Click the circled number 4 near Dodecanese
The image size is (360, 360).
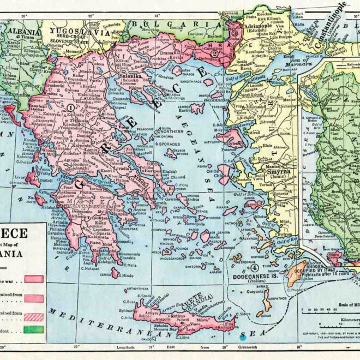(254, 268)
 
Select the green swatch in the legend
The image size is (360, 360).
(34, 328)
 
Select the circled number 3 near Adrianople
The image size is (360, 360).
(235, 32)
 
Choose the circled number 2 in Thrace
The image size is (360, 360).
(215, 53)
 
